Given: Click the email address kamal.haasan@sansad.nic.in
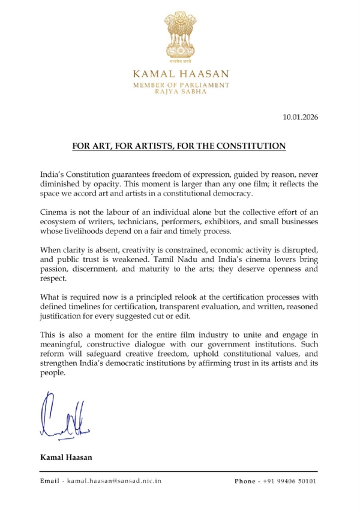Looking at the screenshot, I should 114,481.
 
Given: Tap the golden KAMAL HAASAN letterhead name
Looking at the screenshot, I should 179,76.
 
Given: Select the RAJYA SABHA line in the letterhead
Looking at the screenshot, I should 179,94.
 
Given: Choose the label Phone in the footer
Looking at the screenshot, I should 245,481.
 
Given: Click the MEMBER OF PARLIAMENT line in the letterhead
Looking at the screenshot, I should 179,86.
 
